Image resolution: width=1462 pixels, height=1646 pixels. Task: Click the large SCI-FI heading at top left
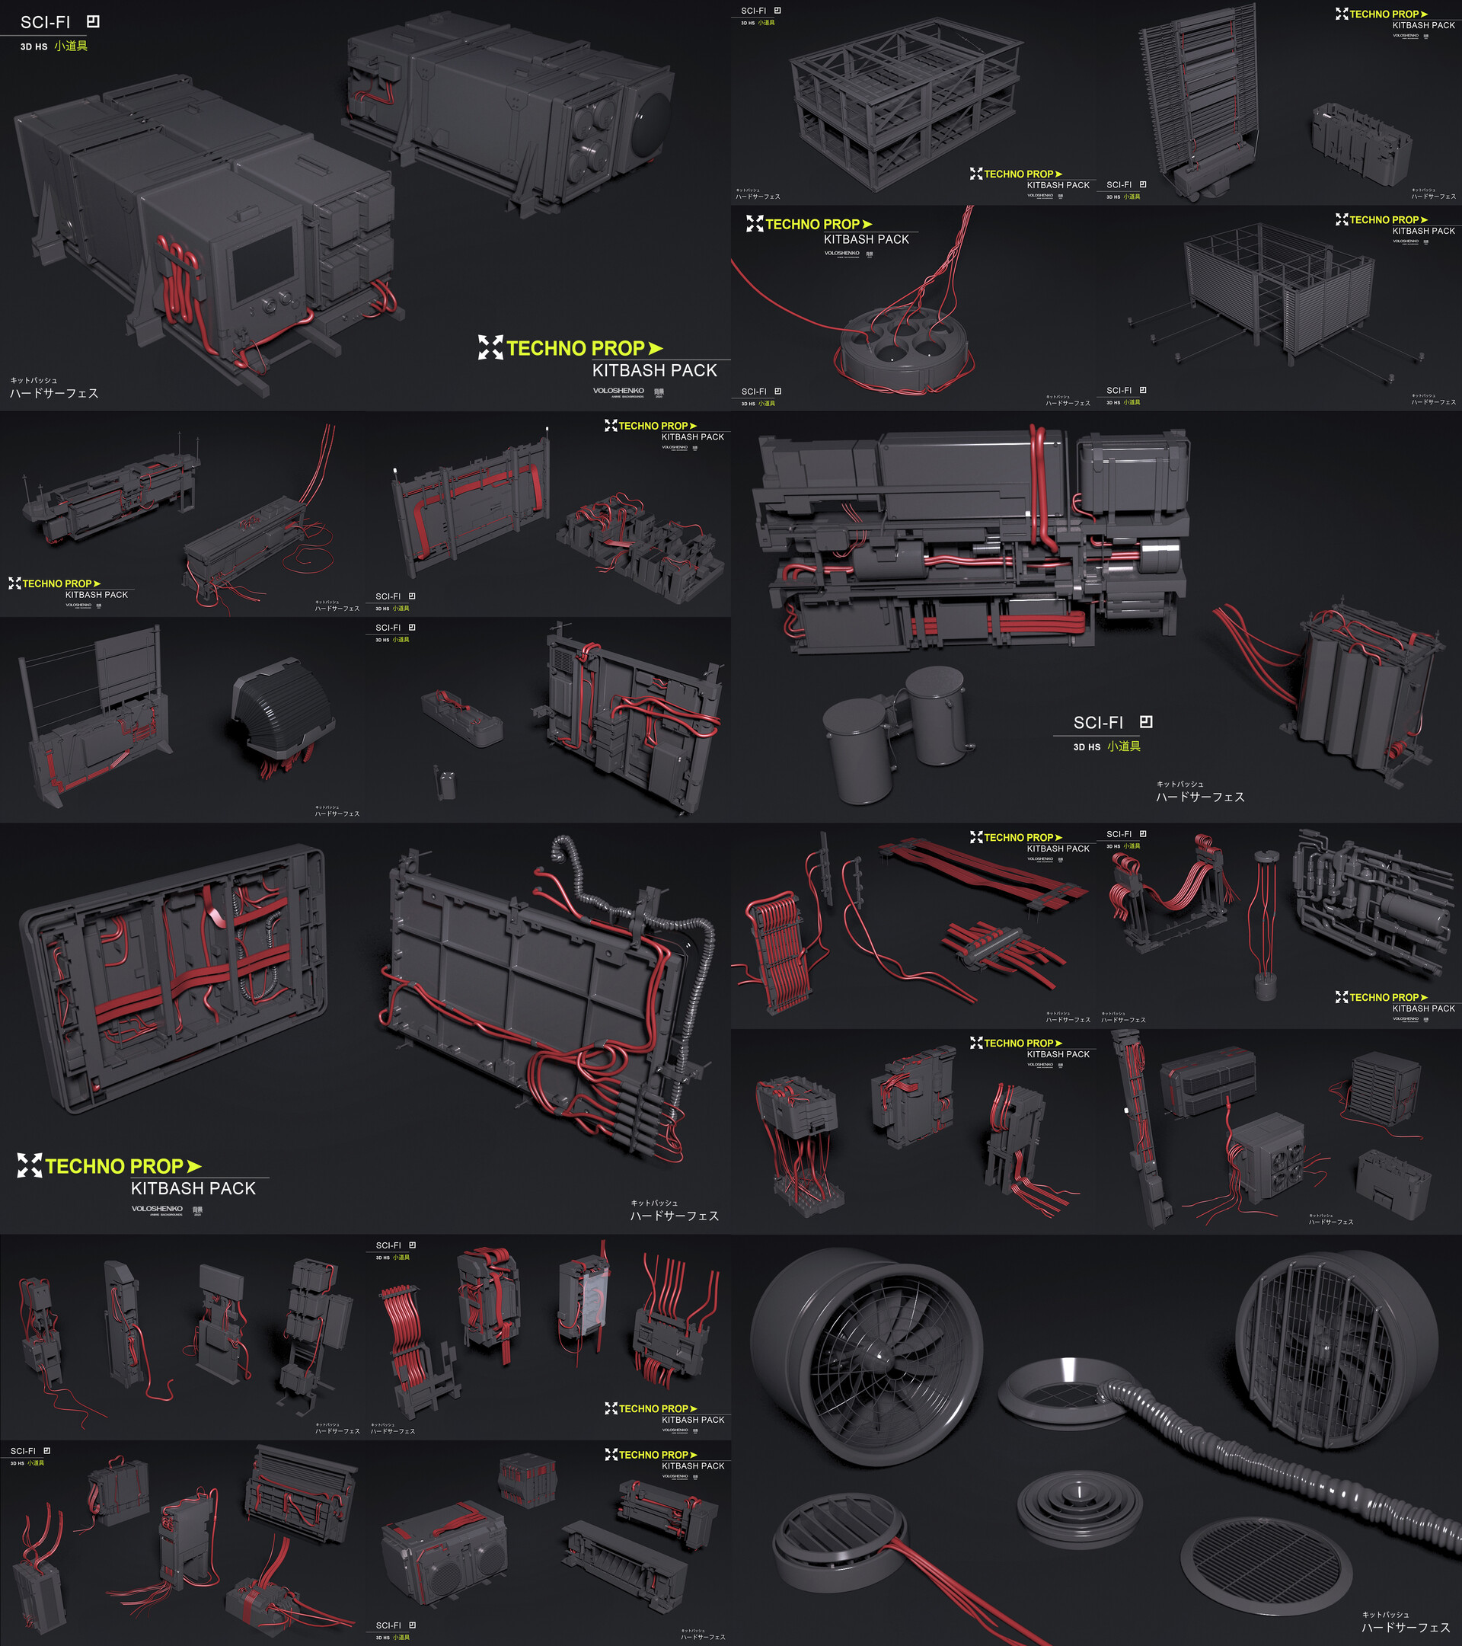(46, 23)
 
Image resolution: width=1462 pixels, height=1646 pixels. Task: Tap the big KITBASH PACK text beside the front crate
(654, 370)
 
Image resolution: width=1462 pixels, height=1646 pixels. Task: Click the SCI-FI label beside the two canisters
(1098, 722)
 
